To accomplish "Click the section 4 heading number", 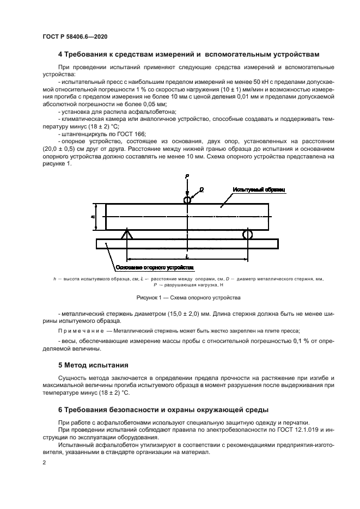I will tap(60, 54).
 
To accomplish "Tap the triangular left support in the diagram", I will tap(126, 234).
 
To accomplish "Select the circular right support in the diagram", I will tap(247, 234).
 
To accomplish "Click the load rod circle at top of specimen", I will tap(187, 200).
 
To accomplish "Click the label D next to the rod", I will tap(202, 189).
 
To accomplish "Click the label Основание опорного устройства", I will tap(154, 267).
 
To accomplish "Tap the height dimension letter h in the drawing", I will tap(93, 216).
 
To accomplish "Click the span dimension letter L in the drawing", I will tap(187, 255).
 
